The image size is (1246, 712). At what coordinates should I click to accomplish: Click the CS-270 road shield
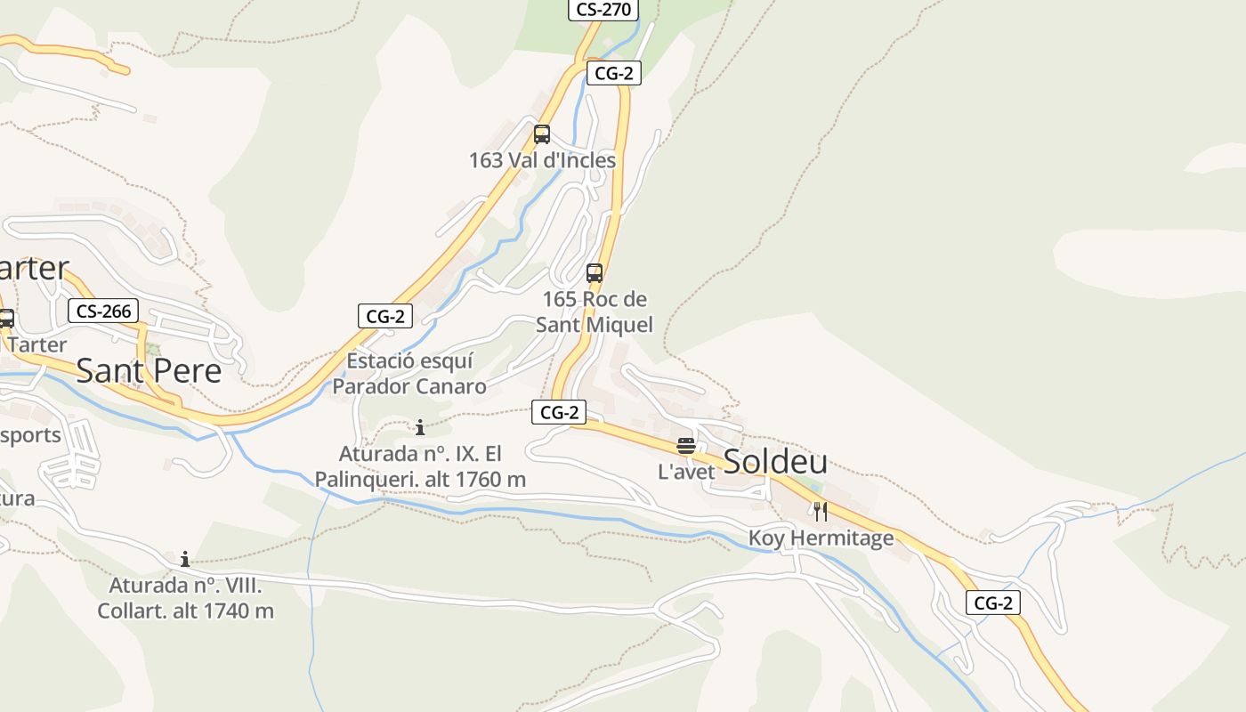point(603,10)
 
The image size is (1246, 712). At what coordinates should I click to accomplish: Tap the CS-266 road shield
point(104,311)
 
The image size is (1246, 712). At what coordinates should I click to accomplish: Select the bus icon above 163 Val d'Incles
point(541,134)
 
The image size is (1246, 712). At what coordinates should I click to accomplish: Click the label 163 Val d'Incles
point(542,160)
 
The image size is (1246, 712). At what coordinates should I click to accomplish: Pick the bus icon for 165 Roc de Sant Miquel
point(595,273)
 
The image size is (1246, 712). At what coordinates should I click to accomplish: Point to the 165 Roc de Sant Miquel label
point(595,311)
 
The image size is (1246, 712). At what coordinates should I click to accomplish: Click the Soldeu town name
point(775,462)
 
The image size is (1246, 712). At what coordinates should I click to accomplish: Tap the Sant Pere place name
point(149,370)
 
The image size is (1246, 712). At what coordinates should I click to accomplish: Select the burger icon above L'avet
point(685,446)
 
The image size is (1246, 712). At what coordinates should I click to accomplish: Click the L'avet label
point(686,472)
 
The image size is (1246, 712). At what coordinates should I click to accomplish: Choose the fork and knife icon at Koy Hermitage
point(821,512)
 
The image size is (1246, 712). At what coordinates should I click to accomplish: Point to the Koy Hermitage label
point(821,538)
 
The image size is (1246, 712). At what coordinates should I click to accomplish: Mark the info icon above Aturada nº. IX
point(420,427)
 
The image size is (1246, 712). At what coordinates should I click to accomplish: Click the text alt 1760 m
point(489,480)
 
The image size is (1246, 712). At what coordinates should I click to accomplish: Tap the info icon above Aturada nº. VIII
point(185,559)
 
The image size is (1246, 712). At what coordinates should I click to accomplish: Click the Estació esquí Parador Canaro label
point(409,374)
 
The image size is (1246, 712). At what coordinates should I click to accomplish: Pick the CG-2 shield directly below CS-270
point(613,74)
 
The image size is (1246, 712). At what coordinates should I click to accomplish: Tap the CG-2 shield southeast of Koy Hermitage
point(993,603)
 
